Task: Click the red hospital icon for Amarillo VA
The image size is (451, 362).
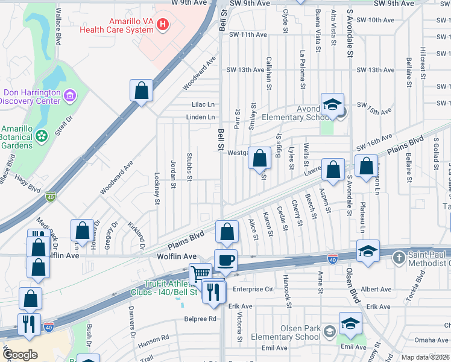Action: pyautogui.click(x=162, y=25)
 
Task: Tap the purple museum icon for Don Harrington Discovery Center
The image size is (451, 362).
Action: pyautogui.click(x=69, y=95)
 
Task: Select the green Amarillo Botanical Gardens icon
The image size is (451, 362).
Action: pyautogui.click(x=42, y=136)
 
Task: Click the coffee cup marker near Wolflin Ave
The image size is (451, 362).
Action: pyautogui.click(x=225, y=260)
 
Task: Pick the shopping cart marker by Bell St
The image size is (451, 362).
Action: pyautogui.click(x=200, y=273)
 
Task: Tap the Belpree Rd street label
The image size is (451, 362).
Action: pyautogui.click(x=200, y=319)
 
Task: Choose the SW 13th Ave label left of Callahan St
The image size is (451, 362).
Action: pyautogui.click(x=245, y=70)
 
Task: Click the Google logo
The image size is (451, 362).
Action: pyautogui.click(x=20, y=355)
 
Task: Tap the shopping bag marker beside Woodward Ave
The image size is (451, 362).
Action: pyautogui.click(x=141, y=91)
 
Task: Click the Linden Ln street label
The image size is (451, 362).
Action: pyautogui.click(x=201, y=117)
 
